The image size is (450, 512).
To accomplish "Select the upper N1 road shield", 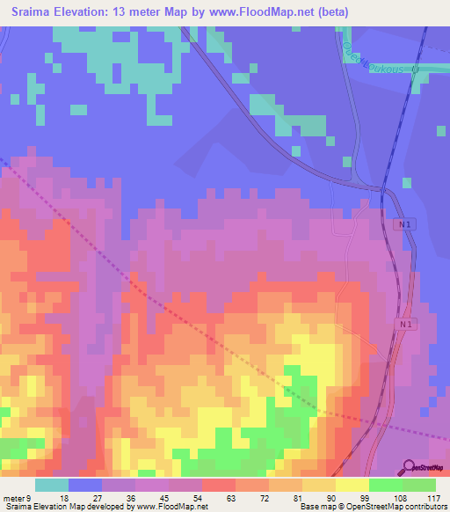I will (x=401, y=225).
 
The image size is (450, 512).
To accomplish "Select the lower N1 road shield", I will (x=404, y=325).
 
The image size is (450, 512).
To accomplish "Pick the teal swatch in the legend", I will (x=52, y=485).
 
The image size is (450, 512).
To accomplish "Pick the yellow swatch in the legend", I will (x=352, y=485).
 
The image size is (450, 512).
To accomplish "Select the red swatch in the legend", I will (x=219, y=485).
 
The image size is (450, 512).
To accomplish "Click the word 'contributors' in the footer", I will (x=425, y=507).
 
